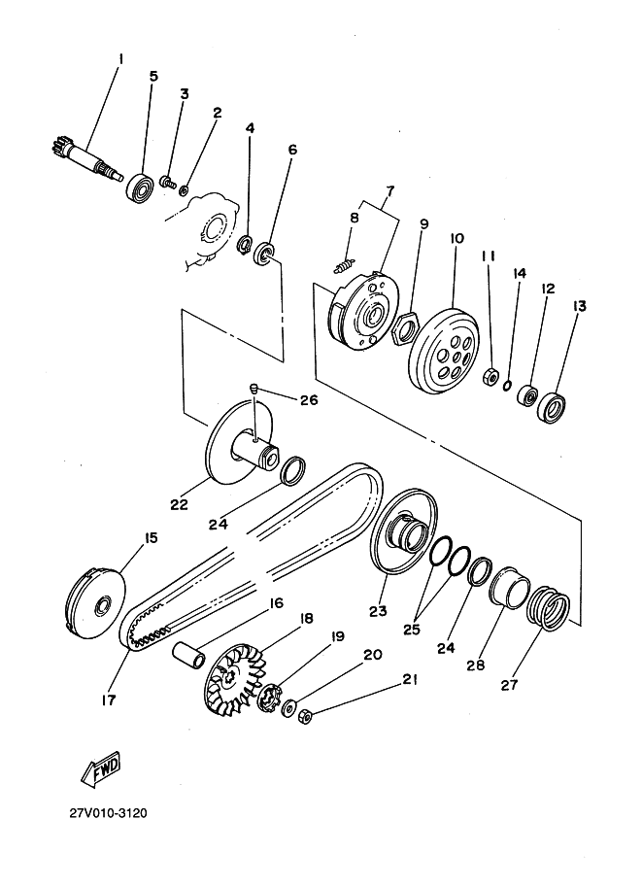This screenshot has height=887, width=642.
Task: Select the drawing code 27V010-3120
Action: point(109,813)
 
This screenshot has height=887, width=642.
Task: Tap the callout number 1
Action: point(119,58)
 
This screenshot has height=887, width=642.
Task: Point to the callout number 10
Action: point(456,238)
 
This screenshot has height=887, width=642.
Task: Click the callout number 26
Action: point(308,400)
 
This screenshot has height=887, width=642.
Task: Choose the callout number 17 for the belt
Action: point(108,699)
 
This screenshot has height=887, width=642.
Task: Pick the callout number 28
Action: point(476,665)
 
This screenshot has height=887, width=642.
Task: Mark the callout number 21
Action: point(410,679)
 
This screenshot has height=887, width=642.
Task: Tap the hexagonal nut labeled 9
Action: point(406,328)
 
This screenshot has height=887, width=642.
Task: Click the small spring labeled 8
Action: point(345,265)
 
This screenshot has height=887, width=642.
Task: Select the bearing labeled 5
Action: point(140,187)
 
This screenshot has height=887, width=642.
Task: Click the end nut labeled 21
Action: point(305,717)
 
